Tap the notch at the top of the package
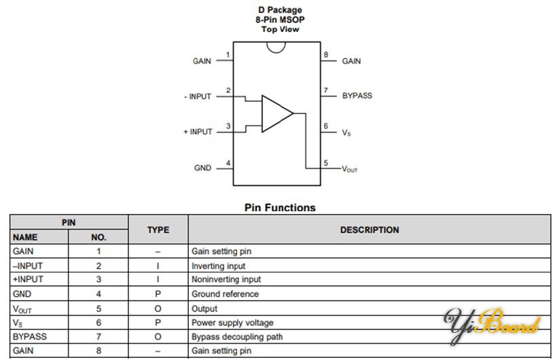[275, 47]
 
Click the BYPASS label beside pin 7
[357, 96]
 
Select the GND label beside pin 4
[202, 168]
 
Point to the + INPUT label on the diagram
[198, 132]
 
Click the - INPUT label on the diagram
[198, 96]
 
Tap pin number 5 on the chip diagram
[325, 163]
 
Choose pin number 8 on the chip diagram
[325, 55]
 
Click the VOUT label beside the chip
[349, 168]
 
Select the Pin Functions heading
[280, 208]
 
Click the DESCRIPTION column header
[369, 230]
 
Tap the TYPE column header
[158, 230]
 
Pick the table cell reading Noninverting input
[226, 280]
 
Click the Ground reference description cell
[225, 294]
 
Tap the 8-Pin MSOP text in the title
[280, 20]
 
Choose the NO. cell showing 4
[99, 294]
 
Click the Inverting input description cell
[219, 266]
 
